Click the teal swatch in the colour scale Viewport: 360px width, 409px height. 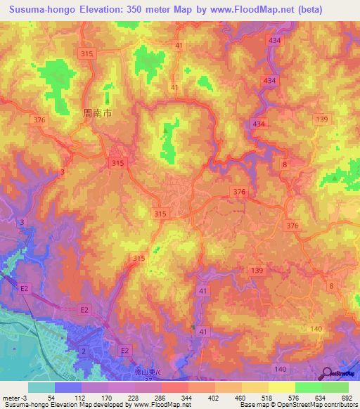coord(41,387)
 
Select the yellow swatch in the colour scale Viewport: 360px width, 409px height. coord(281,387)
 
